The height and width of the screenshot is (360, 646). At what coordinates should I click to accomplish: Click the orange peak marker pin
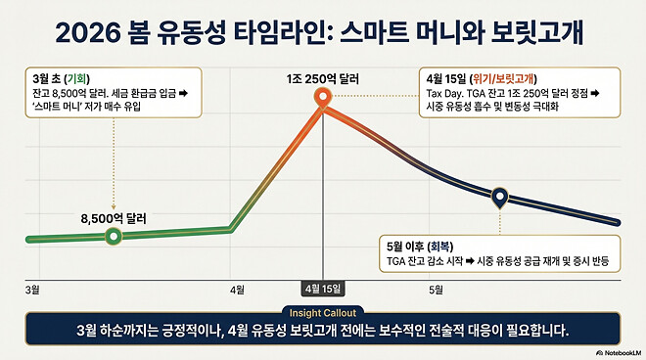(x=322, y=98)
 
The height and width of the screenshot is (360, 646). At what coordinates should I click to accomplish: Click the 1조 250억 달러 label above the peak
(x=321, y=76)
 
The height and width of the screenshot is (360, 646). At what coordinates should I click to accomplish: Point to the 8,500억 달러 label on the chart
(x=114, y=219)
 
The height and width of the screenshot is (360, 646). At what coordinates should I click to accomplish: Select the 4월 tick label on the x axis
(x=237, y=290)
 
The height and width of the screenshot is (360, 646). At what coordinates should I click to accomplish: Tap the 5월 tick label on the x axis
(x=436, y=290)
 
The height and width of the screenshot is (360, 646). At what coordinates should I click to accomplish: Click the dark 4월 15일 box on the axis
(x=322, y=290)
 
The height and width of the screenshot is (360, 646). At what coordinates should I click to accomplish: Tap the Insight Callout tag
(x=321, y=312)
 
